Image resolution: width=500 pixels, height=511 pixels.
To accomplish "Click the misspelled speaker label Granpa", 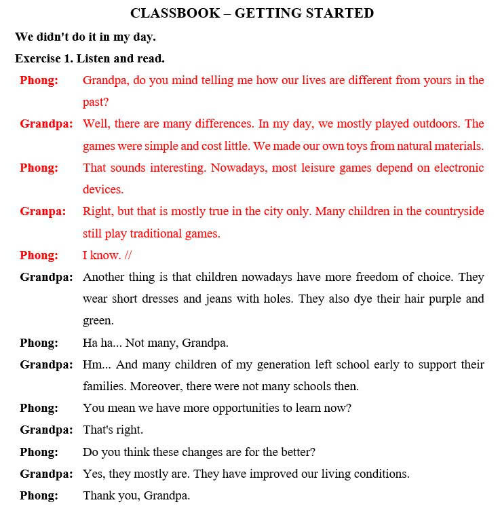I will click(x=43, y=211).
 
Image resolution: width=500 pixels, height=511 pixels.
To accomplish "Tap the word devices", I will click(x=103, y=189).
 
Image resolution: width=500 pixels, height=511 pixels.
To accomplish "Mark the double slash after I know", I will click(x=129, y=255).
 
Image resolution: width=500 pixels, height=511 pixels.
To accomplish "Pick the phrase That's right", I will click(x=113, y=430).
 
